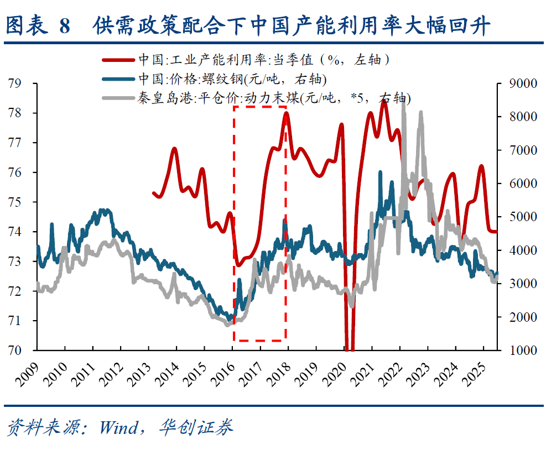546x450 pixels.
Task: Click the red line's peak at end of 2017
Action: click(x=286, y=113)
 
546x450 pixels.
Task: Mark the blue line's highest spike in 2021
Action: click(x=380, y=172)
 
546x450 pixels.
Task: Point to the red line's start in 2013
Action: click(x=153, y=192)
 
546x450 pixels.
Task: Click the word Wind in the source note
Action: click(x=118, y=427)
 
